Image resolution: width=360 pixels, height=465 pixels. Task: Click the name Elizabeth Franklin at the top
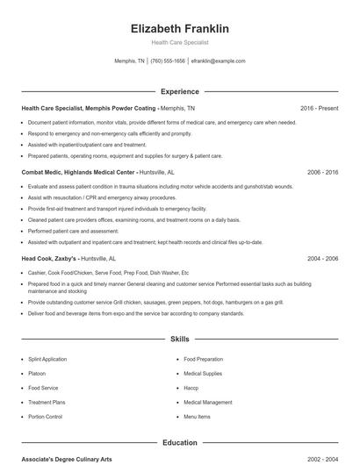[x=179, y=29]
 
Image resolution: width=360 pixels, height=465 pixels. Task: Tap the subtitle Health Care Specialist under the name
[x=179, y=43]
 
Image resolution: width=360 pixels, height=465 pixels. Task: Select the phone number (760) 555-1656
[x=168, y=61]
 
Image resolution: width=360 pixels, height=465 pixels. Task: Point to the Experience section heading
[x=179, y=91]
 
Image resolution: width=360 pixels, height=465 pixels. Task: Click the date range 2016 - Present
[x=319, y=108]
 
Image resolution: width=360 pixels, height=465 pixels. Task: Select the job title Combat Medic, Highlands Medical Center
[x=80, y=173]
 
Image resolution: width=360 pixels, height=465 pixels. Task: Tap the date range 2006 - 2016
[x=322, y=173]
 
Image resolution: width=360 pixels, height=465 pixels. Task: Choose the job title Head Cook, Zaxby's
[x=50, y=259]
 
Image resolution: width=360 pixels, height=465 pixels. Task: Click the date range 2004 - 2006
[x=322, y=259]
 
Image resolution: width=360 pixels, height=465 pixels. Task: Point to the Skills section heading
[x=179, y=338]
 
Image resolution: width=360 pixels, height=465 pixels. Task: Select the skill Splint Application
[x=47, y=360]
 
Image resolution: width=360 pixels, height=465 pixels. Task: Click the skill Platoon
[x=36, y=374]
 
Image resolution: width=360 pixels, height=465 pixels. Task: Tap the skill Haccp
[x=191, y=388]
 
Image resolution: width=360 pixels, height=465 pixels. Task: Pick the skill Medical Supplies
[x=203, y=374]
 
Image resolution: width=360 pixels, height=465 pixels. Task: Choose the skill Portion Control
[x=45, y=417]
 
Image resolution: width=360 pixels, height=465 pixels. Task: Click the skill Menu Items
[x=197, y=417]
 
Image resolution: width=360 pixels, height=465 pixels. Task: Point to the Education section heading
[x=179, y=443]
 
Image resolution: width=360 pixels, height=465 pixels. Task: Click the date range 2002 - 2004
[x=322, y=459]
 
